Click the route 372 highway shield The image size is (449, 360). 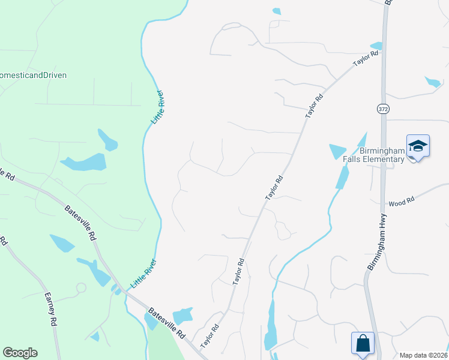point(382,109)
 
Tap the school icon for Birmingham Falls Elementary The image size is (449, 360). point(418,146)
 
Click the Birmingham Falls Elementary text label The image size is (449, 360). point(382,155)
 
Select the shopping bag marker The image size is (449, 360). point(363,344)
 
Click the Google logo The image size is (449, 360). point(20,353)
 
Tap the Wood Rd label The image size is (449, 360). point(402,202)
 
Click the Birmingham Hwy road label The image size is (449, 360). point(376,242)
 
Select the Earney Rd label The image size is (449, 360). point(50,309)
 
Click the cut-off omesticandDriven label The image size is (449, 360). point(33,75)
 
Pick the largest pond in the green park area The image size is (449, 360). point(84,163)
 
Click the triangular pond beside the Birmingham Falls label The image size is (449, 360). point(338,151)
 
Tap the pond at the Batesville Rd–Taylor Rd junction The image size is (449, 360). point(182,316)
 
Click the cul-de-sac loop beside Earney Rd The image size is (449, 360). point(80,288)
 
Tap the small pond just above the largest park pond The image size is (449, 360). point(107,140)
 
